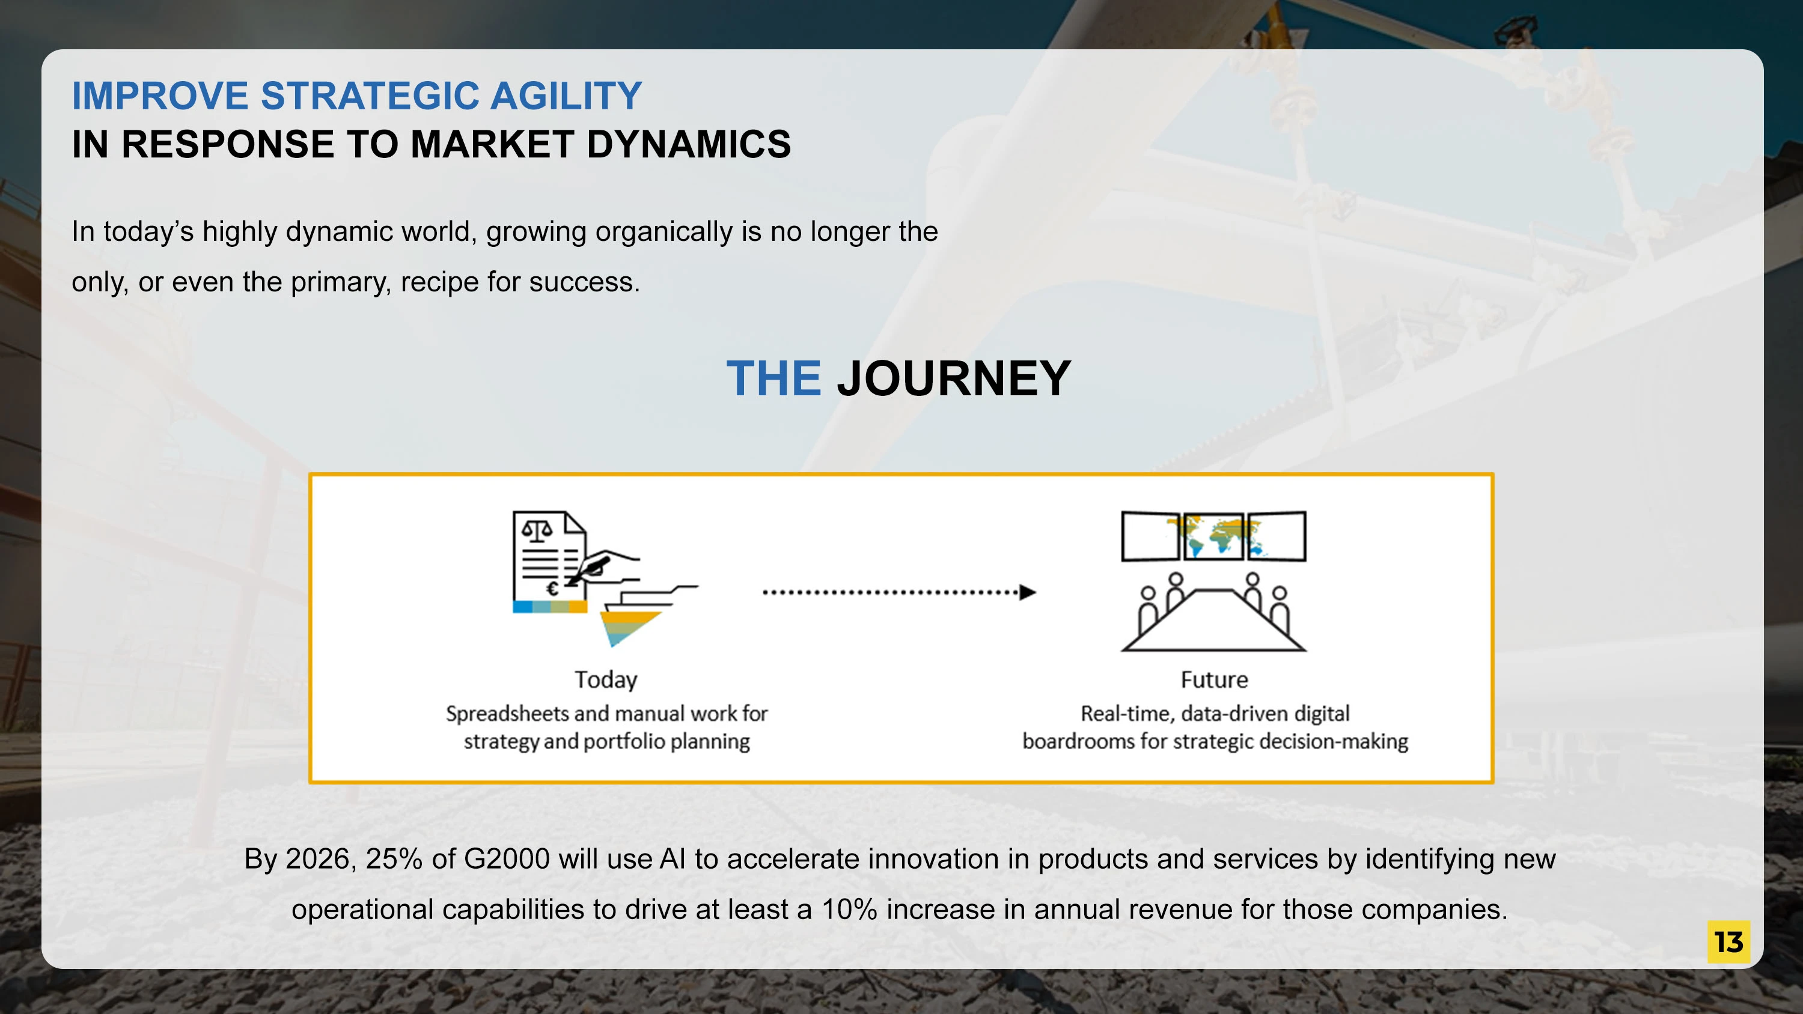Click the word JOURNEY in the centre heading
pos(954,378)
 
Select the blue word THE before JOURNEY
pos(773,378)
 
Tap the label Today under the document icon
pos(606,680)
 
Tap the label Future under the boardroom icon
pos(1215,679)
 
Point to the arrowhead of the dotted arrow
pos(1028,592)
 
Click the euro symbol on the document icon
pos(552,589)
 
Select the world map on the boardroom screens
pos(1216,535)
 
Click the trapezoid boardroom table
pos(1213,621)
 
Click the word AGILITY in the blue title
pos(566,96)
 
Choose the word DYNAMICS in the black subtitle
pos(689,145)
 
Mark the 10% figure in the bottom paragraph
pos(850,909)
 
